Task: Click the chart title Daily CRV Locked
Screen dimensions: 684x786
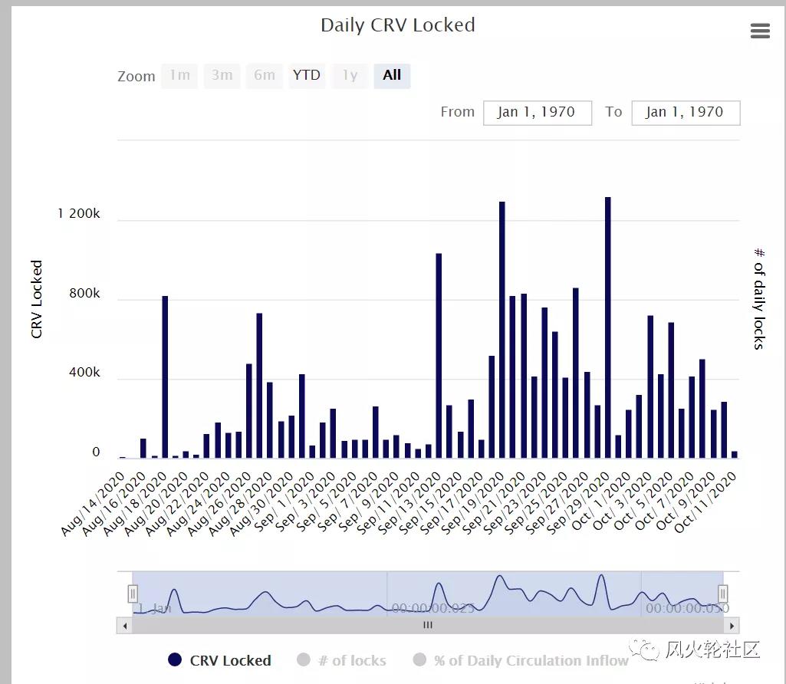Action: (x=397, y=25)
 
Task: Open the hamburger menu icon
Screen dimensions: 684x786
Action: (x=760, y=31)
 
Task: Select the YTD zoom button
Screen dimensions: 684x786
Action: (x=307, y=75)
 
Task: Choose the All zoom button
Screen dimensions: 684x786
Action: (x=392, y=75)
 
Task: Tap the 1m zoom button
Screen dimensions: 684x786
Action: (x=179, y=75)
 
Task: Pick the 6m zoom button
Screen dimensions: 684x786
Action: (x=265, y=75)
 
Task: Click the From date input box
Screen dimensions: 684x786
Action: (x=537, y=112)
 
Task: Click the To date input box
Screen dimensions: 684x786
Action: (x=685, y=112)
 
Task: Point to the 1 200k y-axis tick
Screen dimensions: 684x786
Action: (x=79, y=214)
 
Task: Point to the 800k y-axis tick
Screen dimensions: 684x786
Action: (x=85, y=294)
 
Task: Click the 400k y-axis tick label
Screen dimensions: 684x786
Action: (x=85, y=373)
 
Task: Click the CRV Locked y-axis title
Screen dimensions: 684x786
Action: (x=37, y=299)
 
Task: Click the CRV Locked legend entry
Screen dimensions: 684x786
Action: (x=219, y=660)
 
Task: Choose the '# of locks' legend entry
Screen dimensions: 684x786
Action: (x=341, y=660)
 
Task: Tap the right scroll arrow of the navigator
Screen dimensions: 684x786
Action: (x=732, y=625)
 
